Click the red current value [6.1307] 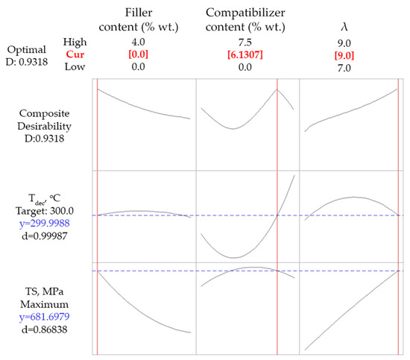(246, 54)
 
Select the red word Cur (75, 54)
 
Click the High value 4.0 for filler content (144, 41)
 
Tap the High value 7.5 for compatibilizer (246, 41)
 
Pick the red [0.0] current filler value (144, 54)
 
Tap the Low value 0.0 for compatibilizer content (246, 68)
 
